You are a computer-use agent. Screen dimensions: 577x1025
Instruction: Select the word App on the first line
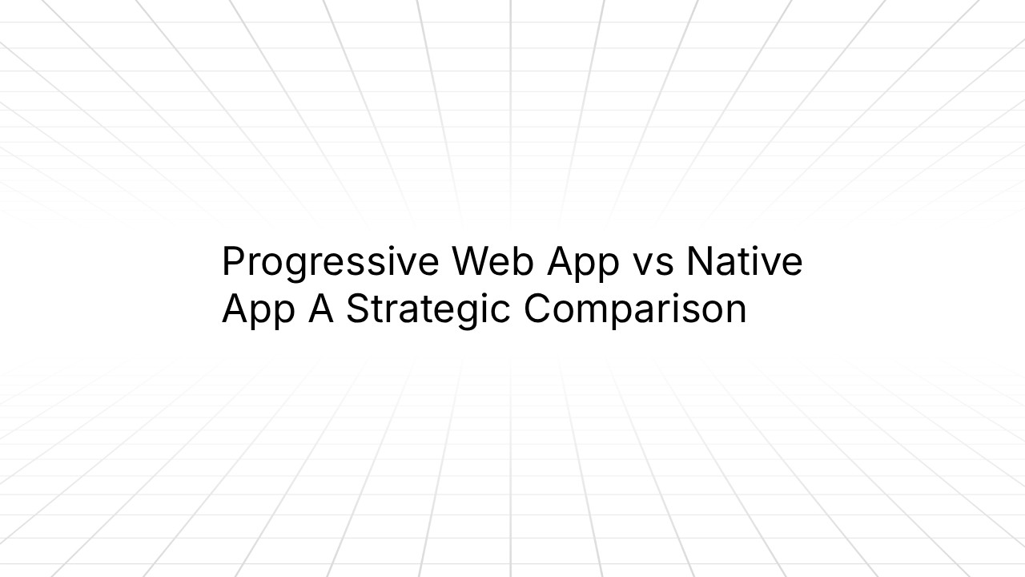[583, 263]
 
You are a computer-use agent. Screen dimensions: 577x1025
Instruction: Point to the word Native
[745, 261]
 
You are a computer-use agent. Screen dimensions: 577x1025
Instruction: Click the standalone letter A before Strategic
[320, 309]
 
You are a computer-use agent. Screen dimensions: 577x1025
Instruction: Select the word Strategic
[428, 310]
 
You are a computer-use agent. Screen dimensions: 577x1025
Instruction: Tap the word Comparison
[635, 310]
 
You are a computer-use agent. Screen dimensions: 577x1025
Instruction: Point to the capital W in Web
[472, 261]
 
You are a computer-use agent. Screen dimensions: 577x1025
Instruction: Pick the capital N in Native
[700, 261]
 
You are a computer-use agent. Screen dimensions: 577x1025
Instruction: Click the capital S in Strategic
[357, 309]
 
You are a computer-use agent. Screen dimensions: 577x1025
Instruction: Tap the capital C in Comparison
[540, 309]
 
